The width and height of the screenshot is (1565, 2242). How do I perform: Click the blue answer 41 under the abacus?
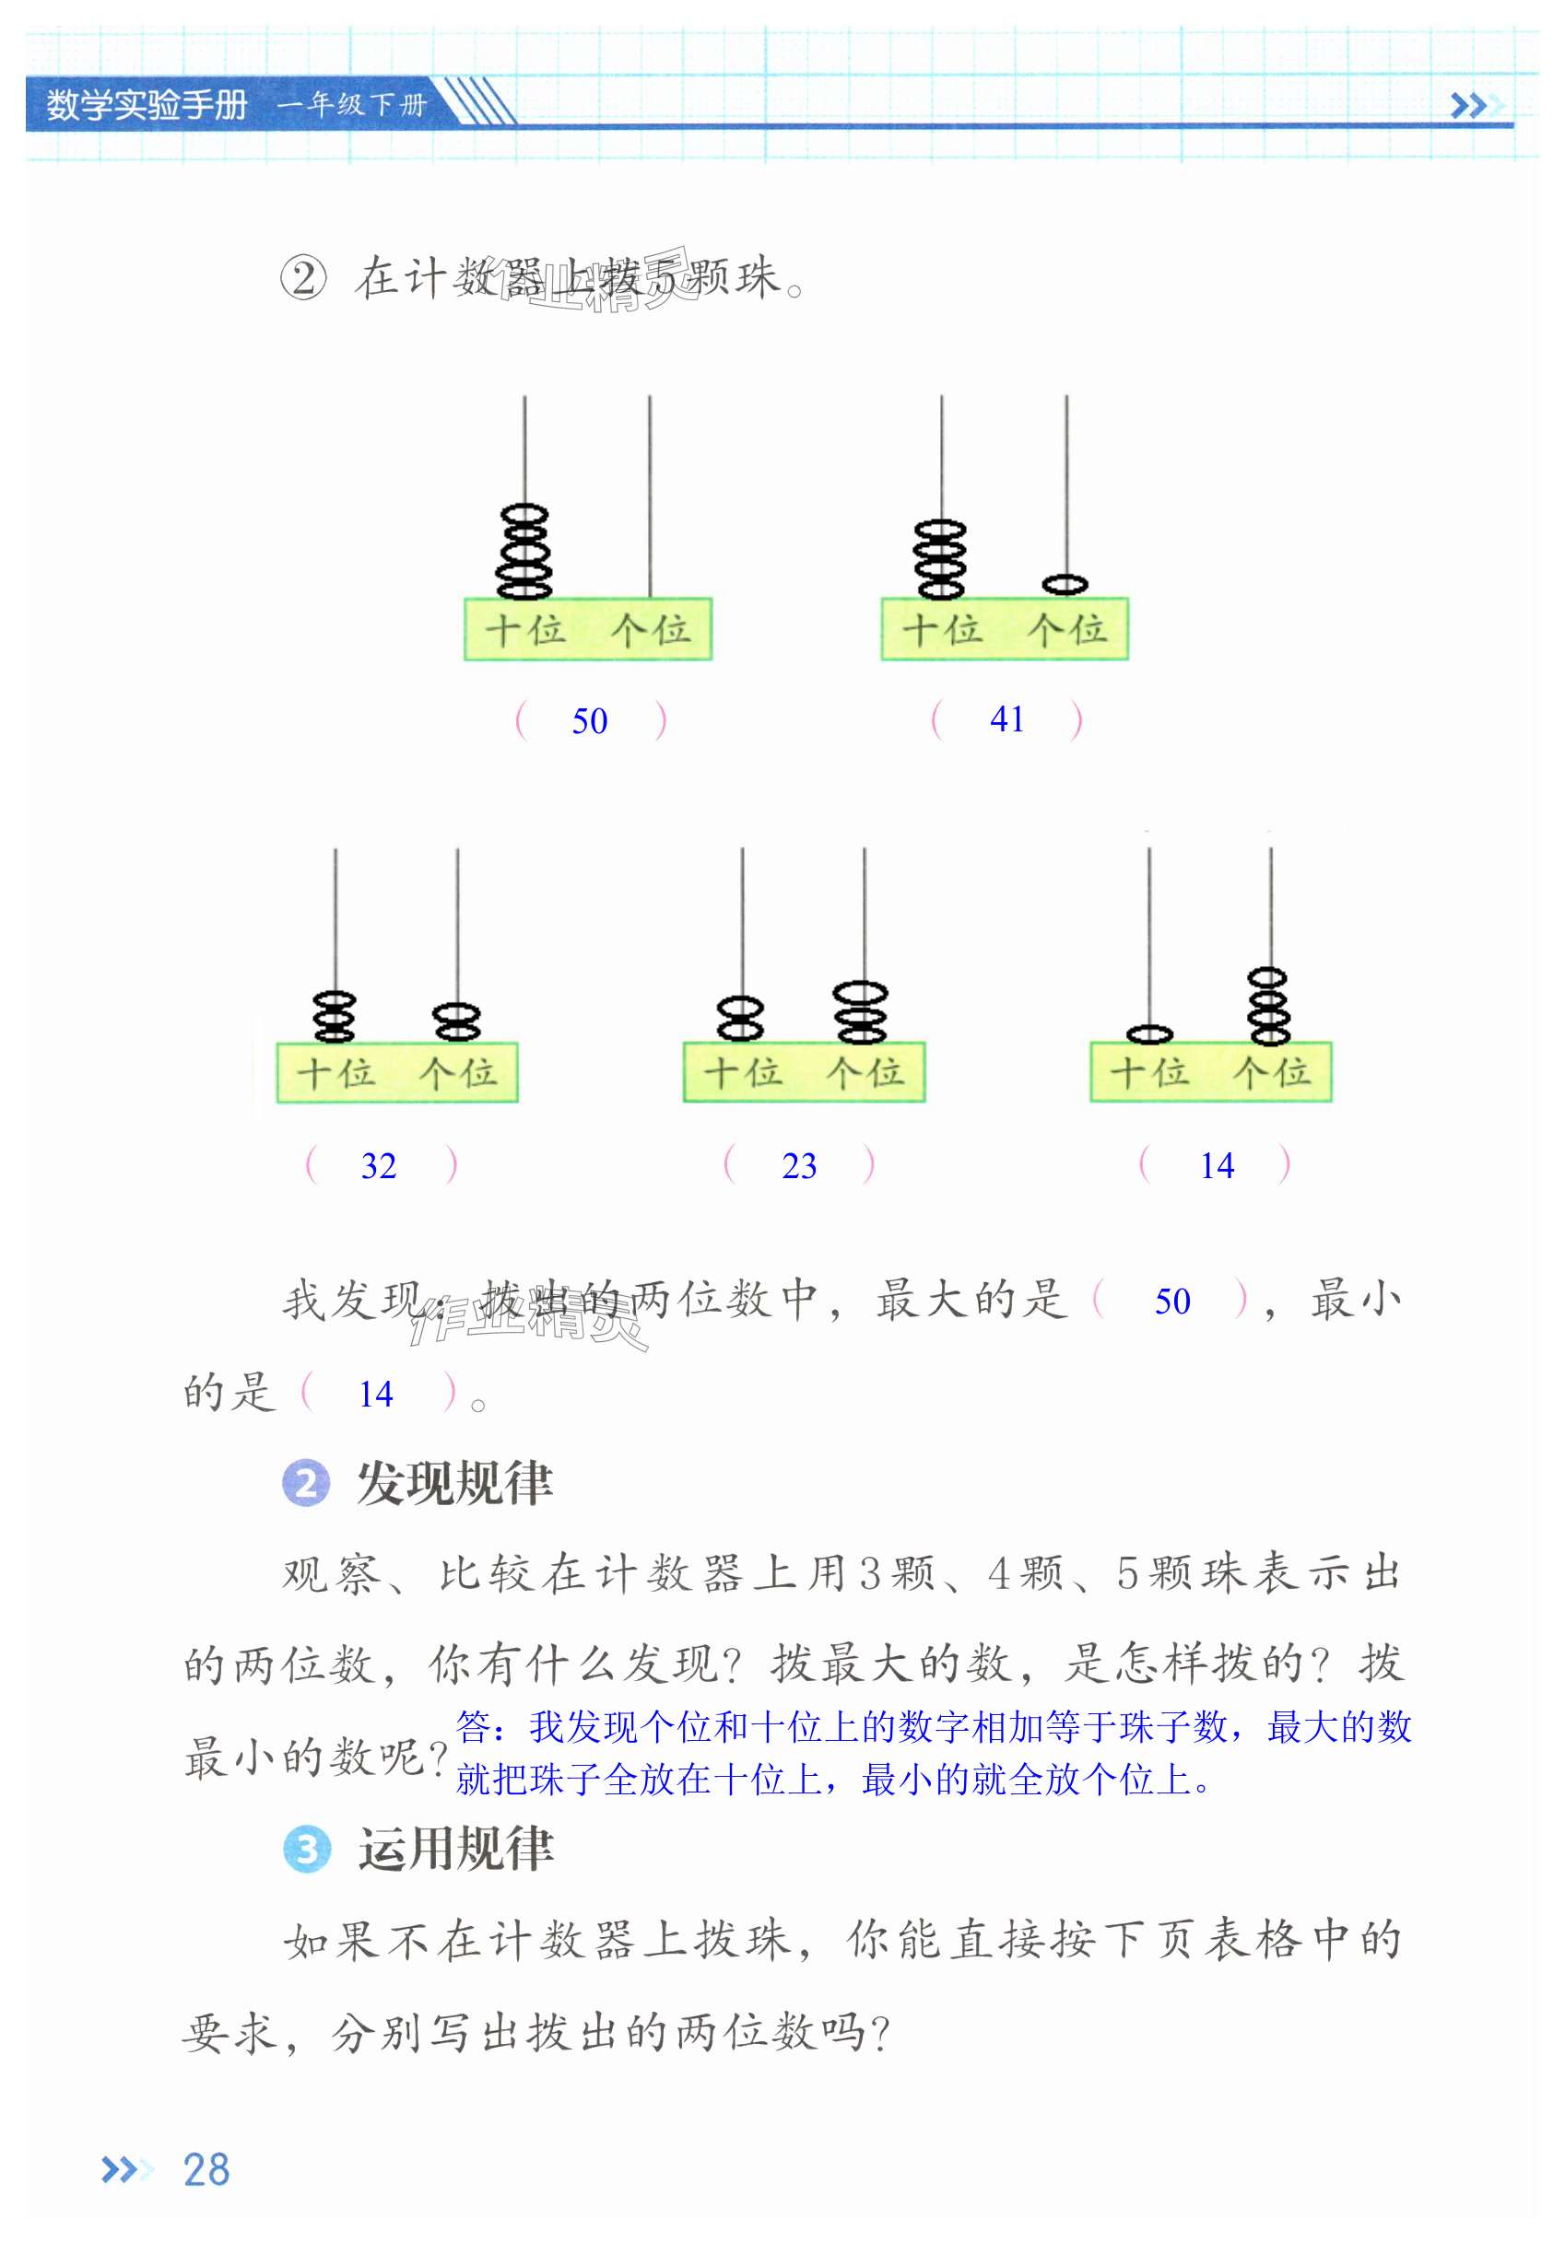(x=1006, y=719)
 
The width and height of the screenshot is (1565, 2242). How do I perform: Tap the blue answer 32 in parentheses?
(x=378, y=1166)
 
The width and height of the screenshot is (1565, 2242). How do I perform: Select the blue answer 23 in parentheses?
(x=798, y=1166)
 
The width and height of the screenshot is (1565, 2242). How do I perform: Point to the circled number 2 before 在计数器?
(x=303, y=278)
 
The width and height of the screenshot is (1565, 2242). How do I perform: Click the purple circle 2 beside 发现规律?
(x=306, y=1483)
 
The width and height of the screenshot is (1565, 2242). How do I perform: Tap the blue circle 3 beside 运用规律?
(x=307, y=1850)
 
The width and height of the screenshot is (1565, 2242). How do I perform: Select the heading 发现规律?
(x=454, y=1483)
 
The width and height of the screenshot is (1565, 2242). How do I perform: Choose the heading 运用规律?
(x=455, y=1850)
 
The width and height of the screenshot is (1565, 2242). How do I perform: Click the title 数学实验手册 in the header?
(x=147, y=104)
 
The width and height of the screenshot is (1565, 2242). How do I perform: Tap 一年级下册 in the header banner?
(x=352, y=104)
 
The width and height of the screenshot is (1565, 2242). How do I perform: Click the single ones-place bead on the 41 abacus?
(x=1065, y=584)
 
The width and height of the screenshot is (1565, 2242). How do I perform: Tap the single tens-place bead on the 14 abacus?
(x=1148, y=1034)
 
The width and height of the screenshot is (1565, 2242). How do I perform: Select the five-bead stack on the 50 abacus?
(x=524, y=552)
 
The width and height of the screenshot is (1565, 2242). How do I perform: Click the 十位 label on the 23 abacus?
(x=743, y=1073)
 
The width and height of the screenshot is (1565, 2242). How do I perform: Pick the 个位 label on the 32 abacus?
(x=457, y=1073)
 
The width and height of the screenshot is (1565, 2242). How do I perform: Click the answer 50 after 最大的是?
(x=1171, y=1302)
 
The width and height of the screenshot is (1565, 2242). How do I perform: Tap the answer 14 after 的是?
(x=375, y=1395)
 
